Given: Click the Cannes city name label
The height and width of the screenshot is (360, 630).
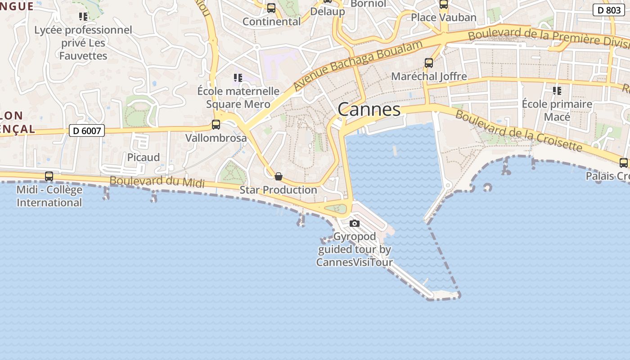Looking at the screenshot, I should click(x=369, y=109).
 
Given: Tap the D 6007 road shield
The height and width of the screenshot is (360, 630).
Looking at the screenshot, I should click(x=87, y=131).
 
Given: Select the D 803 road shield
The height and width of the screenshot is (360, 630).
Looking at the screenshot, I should click(x=608, y=10).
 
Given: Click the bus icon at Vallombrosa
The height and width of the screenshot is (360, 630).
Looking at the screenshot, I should click(x=216, y=125).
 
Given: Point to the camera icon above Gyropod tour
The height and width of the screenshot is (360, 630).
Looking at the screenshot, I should click(x=355, y=223).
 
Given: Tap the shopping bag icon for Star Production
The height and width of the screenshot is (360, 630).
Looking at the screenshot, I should click(x=279, y=176).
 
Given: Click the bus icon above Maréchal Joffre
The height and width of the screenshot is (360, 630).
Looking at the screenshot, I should click(x=429, y=63).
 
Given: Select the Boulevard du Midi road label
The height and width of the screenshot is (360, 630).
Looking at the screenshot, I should click(x=157, y=181).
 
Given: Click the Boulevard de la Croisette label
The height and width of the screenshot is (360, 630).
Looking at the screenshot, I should click(x=518, y=130).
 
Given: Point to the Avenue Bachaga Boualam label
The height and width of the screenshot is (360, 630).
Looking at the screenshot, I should click(x=358, y=64).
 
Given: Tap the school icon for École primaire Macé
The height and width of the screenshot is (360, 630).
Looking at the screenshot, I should click(x=557, y=91).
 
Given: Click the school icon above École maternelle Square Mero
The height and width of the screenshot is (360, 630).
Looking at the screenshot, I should click(x=238, y=78).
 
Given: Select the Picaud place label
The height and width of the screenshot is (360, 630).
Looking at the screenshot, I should click(x=143, y=157).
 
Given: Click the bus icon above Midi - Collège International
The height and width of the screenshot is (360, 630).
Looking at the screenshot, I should click(x=49, y=176).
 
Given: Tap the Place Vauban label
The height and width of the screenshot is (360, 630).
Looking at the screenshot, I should click(x=443, y=18).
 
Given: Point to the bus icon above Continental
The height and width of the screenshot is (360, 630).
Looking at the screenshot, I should click(x=271, y=8).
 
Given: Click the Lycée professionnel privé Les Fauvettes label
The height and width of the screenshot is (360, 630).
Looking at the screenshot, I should click(x=83, y=43).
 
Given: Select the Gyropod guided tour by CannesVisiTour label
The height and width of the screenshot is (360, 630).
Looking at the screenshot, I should click(x=355, y=249).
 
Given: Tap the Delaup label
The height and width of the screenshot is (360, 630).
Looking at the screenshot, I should click(x=328, y=12).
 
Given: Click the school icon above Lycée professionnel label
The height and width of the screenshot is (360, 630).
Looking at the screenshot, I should click(x=83, y=17).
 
